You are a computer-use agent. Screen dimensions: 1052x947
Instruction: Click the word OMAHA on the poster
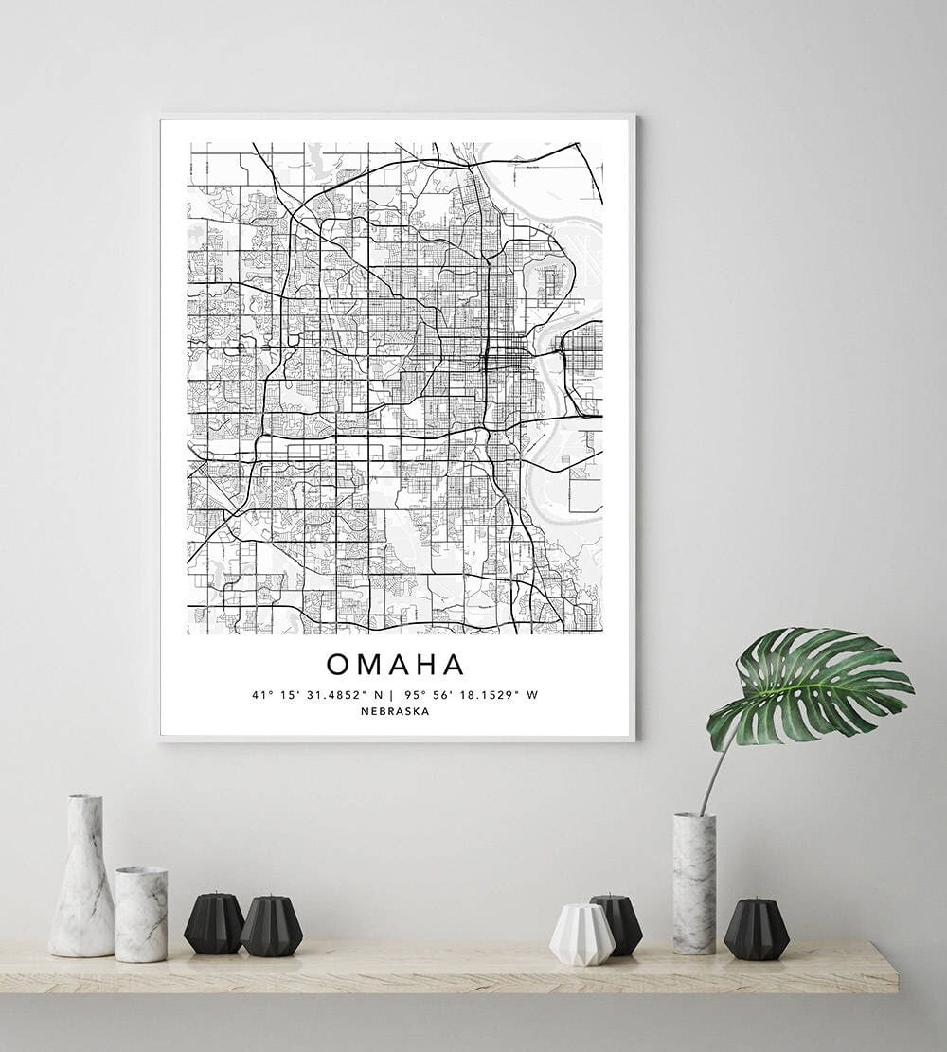[396, 665]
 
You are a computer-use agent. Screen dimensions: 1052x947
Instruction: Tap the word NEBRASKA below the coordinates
[395, 711]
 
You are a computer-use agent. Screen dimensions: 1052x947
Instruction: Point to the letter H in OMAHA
[427, 665]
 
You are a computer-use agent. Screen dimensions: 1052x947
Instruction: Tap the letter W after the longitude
[532, 695]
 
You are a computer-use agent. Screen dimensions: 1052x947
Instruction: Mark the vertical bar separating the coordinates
[391, 695]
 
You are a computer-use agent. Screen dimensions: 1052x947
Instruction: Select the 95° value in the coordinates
[411, 695]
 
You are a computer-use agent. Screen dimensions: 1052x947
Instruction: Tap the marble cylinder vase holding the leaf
[694, 883]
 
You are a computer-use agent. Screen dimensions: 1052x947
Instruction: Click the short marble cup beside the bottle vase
[141, 914]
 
